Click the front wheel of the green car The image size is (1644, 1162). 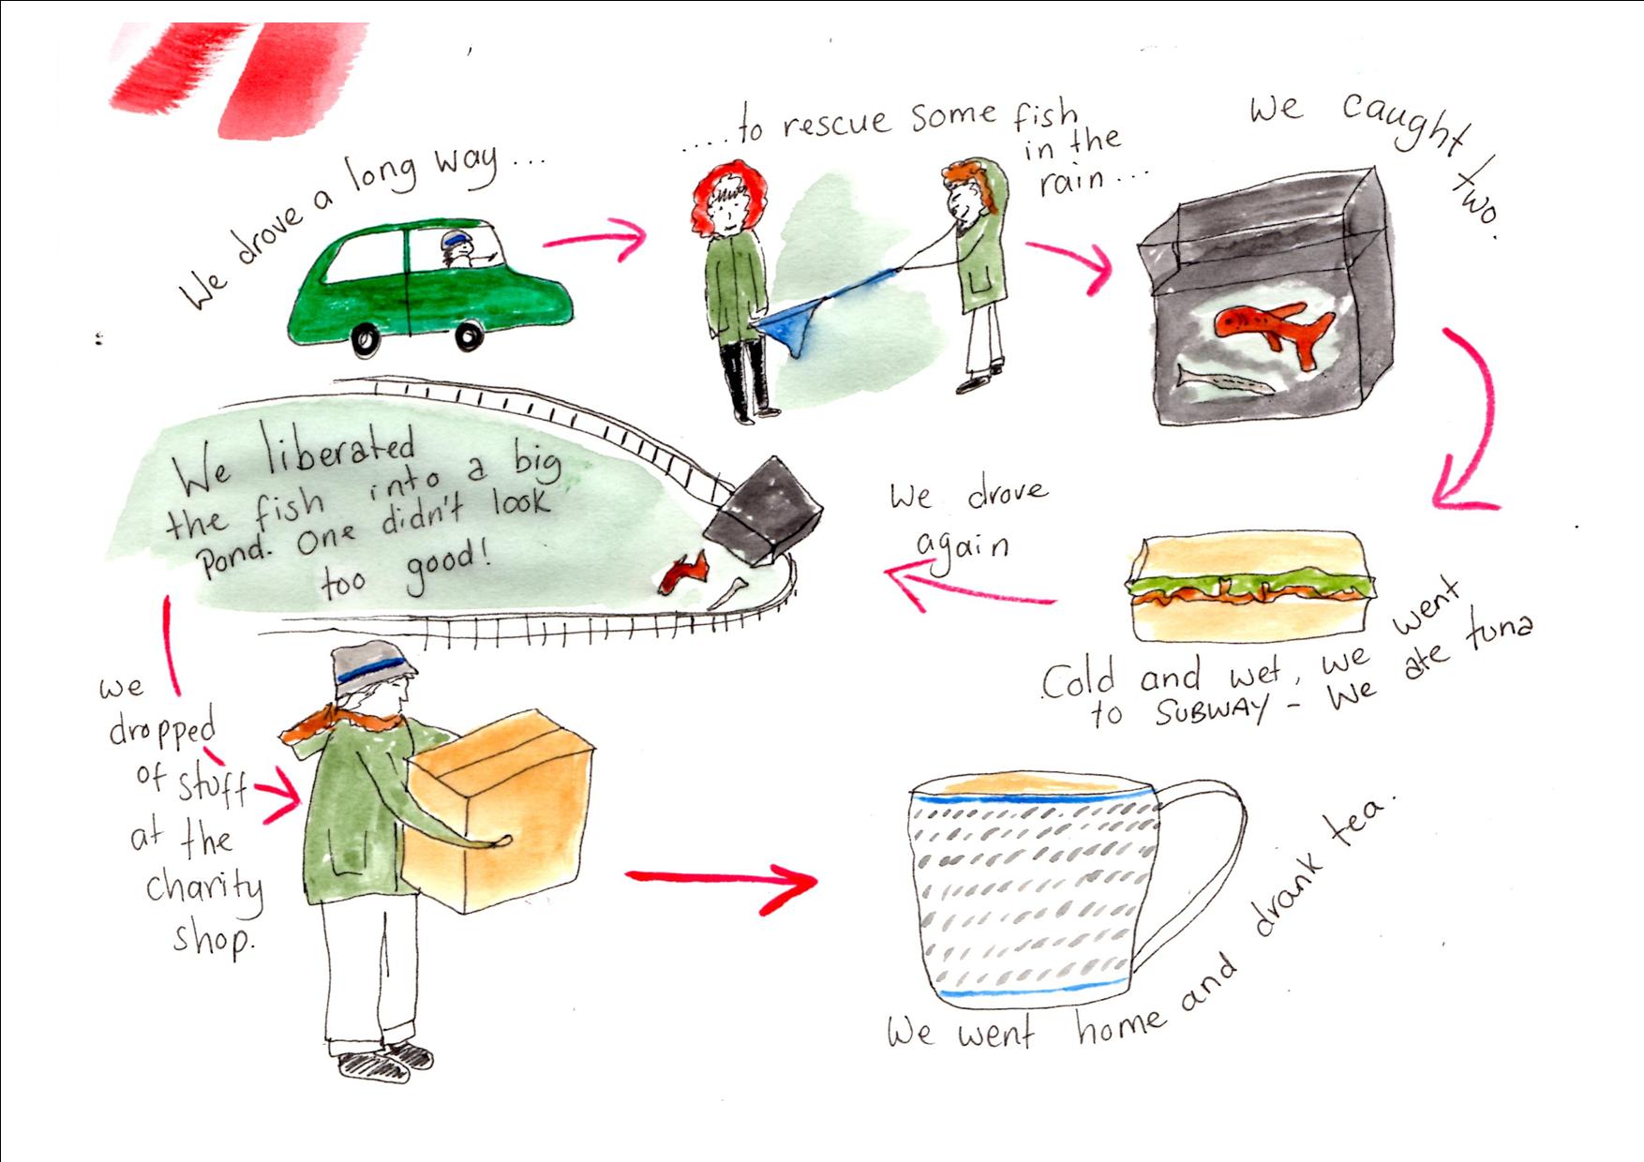tap(468, 335)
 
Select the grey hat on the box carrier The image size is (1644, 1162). tap(371, 666)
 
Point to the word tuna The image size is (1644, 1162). tap(1501, 632)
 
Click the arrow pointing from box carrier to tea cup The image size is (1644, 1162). tap(722, 880)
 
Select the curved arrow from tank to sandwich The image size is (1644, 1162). tap(1473, 422)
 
